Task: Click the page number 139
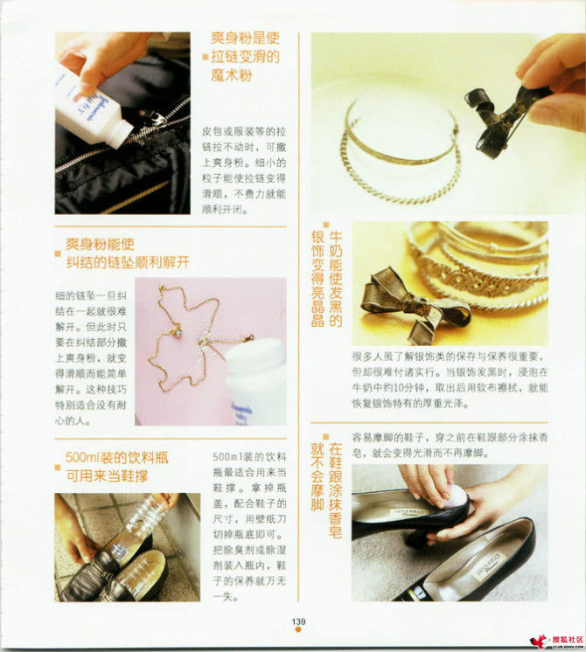click(x=298, y=621)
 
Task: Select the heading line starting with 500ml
click(x=116, y=458)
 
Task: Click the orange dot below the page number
click(x=298, y=629)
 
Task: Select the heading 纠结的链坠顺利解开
click(x=128, y=262)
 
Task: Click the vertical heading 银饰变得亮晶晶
click(x=318, y=279)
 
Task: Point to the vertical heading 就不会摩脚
click(x=317, y=476)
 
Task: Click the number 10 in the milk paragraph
click(x=399, y=388)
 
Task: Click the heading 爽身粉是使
click(x=246, y=38)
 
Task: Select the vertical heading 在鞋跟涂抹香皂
click(x=336, y=490)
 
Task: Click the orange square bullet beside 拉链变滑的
click(x=206, y=57)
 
